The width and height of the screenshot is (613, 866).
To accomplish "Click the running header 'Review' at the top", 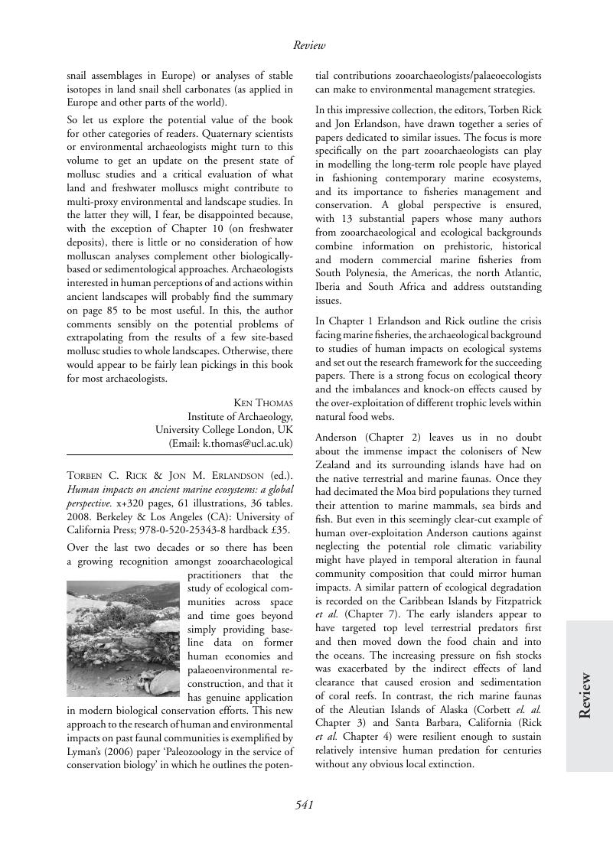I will [309, 46].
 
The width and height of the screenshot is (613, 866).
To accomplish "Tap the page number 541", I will [305, 804].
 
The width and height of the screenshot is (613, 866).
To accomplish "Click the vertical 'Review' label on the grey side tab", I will [585, 695].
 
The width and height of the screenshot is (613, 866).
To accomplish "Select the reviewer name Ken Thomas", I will [262, 403].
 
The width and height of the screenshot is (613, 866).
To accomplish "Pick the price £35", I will [280, 529].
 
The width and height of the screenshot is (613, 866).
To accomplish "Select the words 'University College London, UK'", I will [223, 429].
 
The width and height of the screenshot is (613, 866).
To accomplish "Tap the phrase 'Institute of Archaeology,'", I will [240, 416].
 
